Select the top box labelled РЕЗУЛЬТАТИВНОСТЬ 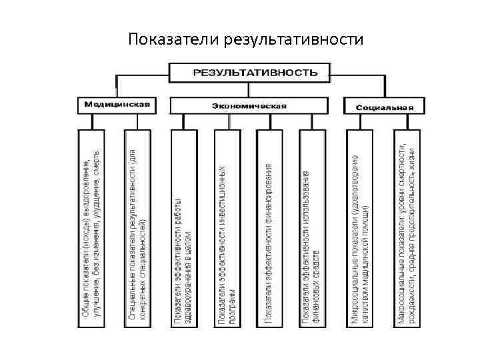click(251, 72)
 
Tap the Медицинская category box click(116, 105)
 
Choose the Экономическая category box click(249, 105)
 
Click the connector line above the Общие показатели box click(94, 121)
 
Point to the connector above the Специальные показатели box click(137, 121)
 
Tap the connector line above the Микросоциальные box click(360, 121)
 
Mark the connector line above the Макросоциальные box click(407, 121)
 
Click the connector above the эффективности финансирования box click(269, 121)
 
